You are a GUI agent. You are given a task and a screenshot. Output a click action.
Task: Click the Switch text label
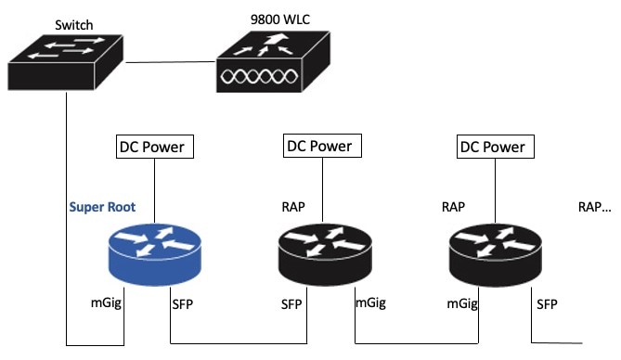coord(74,25)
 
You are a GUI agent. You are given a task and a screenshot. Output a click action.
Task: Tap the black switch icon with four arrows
coord(66,62)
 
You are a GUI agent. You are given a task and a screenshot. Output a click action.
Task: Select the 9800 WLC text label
coord(280,19)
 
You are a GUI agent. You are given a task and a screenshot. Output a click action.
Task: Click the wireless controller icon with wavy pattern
coord(273,62)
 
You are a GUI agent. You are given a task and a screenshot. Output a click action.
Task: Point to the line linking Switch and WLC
coord(170,62)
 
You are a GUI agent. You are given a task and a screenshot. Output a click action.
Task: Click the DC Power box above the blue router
coord(155,147)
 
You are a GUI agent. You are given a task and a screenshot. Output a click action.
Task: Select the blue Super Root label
coord(102,207)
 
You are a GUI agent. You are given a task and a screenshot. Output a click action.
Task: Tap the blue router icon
coord(155,254)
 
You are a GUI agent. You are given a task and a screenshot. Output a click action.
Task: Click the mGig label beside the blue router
coord(106,303)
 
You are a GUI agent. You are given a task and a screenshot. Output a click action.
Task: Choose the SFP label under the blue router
coord(183,304)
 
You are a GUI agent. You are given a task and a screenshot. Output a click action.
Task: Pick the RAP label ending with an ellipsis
coord(594,207)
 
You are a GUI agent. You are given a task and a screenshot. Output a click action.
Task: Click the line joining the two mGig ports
coord(417,343)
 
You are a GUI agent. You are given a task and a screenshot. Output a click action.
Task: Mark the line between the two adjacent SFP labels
coord(239,343)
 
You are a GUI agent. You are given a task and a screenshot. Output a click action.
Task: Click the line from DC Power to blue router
coord(154,191)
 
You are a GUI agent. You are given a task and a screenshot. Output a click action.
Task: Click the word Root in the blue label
coord(122,207)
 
